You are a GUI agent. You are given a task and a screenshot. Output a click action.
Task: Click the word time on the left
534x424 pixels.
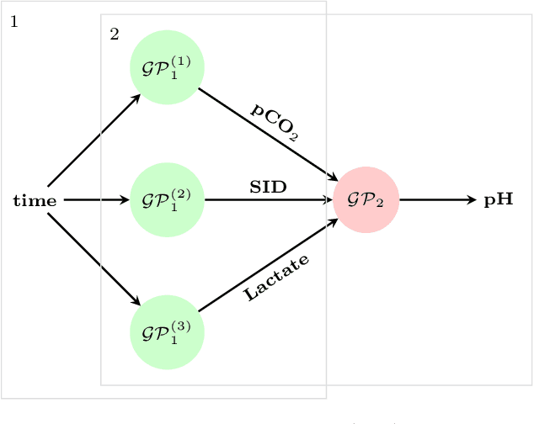pos(35,201)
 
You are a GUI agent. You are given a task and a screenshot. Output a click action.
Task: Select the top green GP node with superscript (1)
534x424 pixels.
pos(167,67)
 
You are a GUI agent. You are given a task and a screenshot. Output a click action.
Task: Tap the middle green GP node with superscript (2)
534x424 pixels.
pos(167,200)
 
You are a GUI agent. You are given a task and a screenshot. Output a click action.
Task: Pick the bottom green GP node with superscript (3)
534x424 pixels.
pos(167,332)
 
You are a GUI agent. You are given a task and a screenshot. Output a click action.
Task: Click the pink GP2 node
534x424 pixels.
pos(366,200)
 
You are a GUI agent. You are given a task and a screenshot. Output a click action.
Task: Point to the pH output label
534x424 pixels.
pos(498,201)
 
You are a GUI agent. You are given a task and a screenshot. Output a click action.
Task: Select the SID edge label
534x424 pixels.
pos(268,188)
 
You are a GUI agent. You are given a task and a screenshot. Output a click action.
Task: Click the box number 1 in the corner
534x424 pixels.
pos(13,21)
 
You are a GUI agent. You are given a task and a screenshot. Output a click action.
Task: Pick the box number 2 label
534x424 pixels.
pos(114,34)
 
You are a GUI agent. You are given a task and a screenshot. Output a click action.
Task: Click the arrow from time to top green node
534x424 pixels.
pos(94,140)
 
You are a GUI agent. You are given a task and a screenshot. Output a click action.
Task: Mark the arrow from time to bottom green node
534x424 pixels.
pos(94,258)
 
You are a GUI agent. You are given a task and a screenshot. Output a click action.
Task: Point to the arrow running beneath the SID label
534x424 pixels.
pos(268,200)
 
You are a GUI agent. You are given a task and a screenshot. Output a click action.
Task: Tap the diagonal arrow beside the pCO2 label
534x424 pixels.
pos(267,134)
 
